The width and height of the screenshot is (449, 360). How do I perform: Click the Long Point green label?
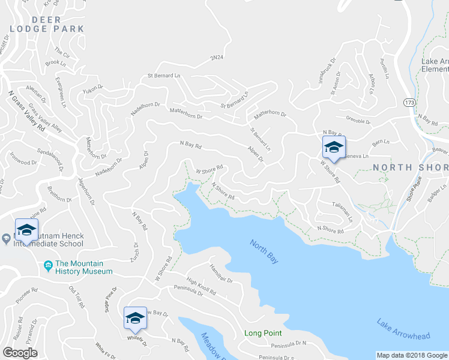(263, 333)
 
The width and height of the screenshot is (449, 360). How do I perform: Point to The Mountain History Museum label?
(84, 268)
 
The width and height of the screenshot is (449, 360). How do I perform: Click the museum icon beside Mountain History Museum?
(47, 265)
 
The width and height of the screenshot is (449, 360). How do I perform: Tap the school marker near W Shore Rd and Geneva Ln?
(334, 148)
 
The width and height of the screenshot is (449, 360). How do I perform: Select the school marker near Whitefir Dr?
(135, 318)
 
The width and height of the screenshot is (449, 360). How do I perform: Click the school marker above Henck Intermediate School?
(26, 230)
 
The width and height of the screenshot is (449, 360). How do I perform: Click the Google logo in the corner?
(20, 353)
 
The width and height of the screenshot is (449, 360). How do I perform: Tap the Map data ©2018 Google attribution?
(412, 355)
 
